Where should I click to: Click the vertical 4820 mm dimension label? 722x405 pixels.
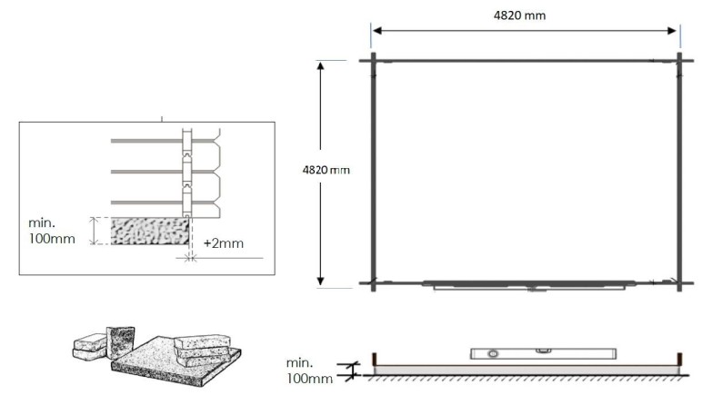click(325, 170)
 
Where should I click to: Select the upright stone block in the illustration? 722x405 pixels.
click(119, 341)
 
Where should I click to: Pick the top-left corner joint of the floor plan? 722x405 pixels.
click(373, 61)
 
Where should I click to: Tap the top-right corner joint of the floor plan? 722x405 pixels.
click(678, 61)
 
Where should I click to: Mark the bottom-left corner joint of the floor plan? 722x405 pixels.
click(373, 282)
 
